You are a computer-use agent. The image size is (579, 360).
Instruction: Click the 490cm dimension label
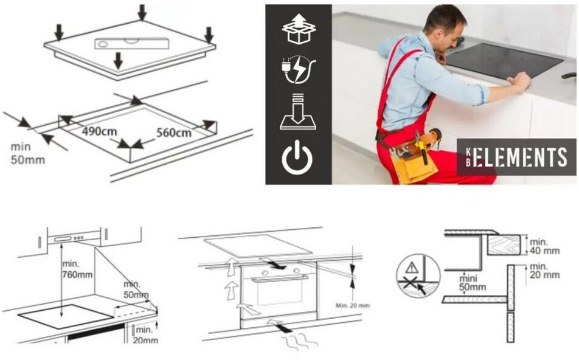[99, 131]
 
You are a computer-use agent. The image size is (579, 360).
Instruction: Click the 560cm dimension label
[173, 133]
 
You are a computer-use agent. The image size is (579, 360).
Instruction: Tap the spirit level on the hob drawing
[132, 43]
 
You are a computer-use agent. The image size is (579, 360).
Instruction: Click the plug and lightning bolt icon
[299, 69]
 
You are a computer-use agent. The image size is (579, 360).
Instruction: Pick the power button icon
[297, 157]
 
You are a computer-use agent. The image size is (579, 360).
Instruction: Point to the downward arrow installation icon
[297, 111]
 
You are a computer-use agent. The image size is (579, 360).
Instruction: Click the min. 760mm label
[77, 269]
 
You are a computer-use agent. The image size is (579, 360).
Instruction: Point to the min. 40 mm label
[544, 246]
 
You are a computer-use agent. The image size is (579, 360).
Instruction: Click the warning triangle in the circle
[411, 268]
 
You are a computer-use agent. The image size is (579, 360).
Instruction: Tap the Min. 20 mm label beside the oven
[352, 305]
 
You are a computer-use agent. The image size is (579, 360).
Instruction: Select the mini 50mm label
[473, 283]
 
